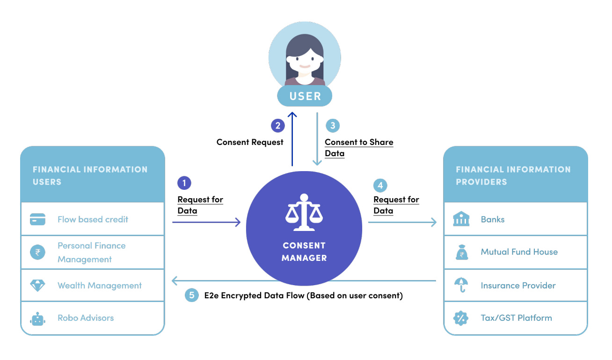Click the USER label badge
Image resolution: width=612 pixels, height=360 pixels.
coord(305,96)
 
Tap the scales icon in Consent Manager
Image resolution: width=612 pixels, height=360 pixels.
coord(304,213)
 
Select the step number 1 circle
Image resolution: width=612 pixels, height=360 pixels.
coord(184,183)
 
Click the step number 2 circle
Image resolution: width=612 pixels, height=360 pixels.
coord(278,125)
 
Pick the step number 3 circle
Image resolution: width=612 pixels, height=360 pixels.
coord(333,125)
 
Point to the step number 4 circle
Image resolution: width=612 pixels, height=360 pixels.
coord(380,185)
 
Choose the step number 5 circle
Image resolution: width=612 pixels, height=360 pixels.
coord(191,295)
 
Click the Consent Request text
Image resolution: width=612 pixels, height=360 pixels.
coord(250,142)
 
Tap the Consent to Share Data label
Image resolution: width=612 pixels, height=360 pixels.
coord(359,148)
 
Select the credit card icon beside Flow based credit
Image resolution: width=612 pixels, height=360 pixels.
coord(37,219)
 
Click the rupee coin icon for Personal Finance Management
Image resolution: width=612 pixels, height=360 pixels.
coord(37,252)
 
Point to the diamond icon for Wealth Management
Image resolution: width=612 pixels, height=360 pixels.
coord(37,286)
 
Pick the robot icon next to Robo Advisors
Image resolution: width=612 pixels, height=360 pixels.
coord(37,318)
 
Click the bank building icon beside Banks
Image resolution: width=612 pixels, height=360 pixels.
coord(461,219)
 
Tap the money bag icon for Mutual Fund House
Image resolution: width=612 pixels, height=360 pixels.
coord(461,252)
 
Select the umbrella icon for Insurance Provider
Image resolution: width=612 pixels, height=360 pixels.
coord(461,286)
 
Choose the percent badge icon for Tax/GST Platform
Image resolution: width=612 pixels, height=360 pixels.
coord(461,318)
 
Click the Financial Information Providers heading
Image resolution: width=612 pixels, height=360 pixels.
coord(513,175)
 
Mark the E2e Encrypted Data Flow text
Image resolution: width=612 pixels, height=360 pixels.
coord(303,295)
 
